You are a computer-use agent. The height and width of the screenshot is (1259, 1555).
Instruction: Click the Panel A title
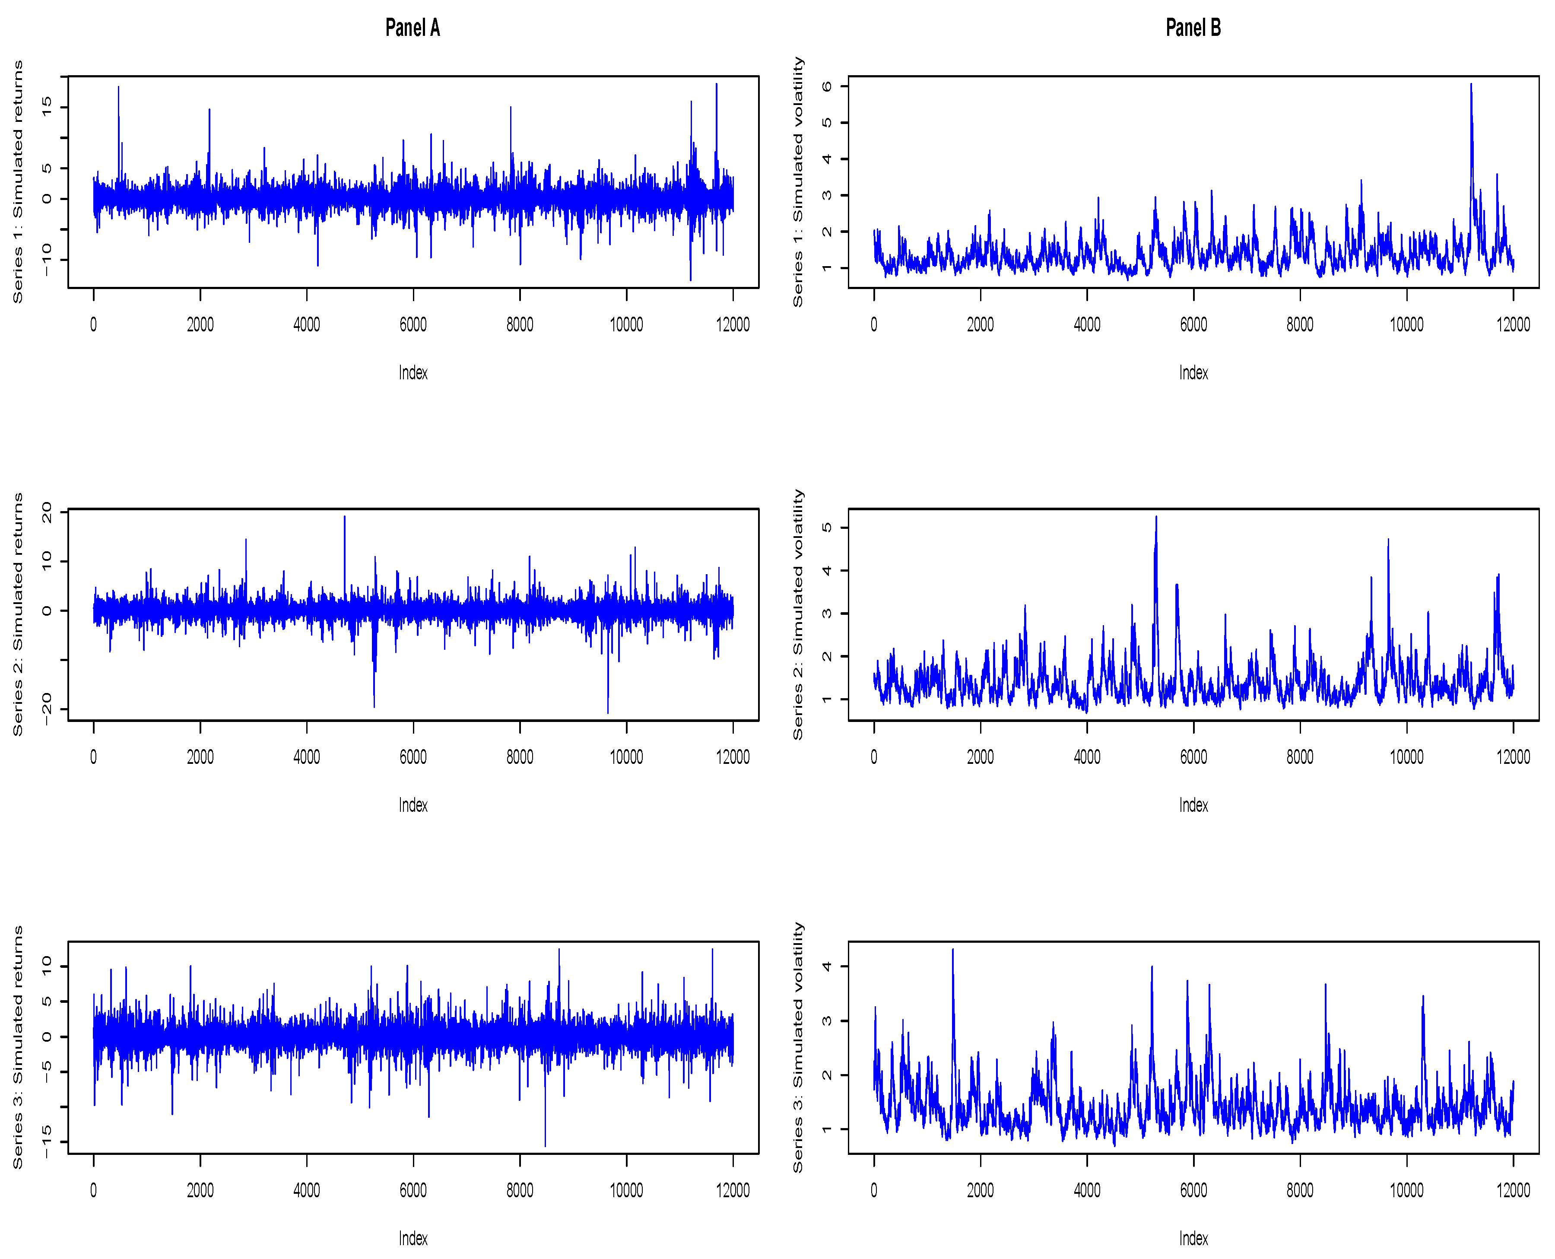413,28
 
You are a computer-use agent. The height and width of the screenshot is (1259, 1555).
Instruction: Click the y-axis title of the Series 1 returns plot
17,181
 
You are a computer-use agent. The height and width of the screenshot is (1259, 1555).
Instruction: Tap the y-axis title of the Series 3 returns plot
17,1046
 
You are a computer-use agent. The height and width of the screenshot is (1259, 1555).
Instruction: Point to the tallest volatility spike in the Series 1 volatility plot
1471,85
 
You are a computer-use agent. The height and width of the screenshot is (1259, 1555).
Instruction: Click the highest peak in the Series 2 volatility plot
1156,517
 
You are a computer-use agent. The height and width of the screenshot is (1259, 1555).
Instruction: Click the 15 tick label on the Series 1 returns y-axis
46,107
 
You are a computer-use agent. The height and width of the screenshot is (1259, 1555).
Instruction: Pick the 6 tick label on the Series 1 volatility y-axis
826,86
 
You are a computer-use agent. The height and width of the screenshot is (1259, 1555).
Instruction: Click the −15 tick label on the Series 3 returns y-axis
46,1141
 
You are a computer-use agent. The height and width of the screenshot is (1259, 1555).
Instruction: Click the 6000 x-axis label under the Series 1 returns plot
413,324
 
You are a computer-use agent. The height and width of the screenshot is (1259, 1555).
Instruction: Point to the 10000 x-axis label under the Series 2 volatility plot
1406,757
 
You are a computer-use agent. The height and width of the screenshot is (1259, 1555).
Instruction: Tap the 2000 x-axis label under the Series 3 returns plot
200,1190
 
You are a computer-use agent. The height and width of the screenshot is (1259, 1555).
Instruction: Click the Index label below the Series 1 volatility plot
1193,373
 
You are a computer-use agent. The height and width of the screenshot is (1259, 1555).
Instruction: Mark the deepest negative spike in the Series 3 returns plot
545,1145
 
